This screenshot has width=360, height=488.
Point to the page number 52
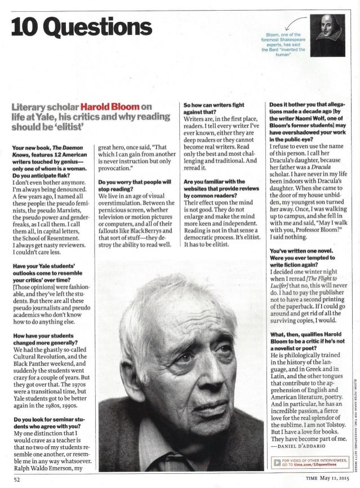pyautogui.click(x=17, y=480)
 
